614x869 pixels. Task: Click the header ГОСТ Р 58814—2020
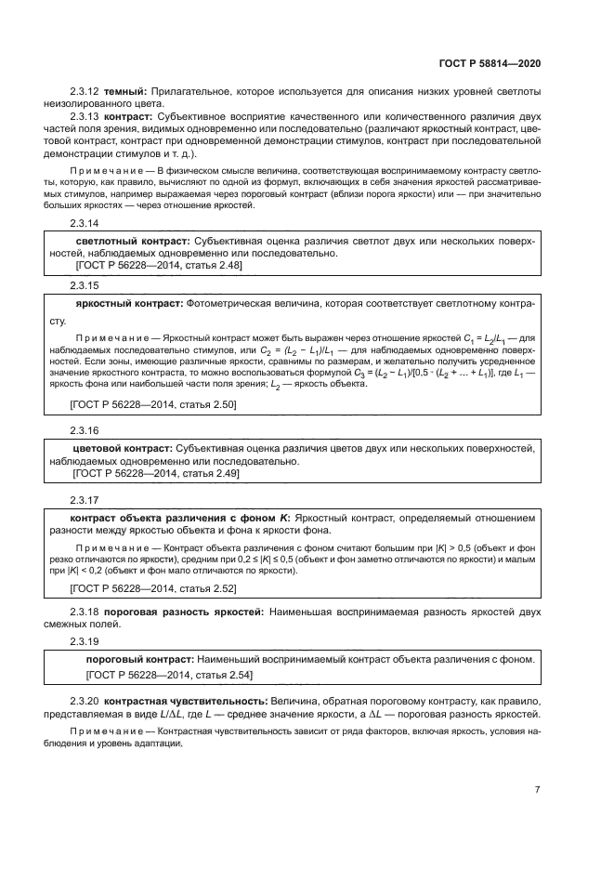489,63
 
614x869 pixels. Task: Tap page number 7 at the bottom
537,790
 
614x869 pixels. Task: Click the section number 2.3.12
85,90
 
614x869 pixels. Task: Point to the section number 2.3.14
85,224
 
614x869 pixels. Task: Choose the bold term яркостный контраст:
129,303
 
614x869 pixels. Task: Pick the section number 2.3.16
85,430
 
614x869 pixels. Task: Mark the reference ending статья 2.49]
154,473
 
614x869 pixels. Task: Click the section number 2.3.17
85,499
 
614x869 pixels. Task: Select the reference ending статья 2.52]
153,588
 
